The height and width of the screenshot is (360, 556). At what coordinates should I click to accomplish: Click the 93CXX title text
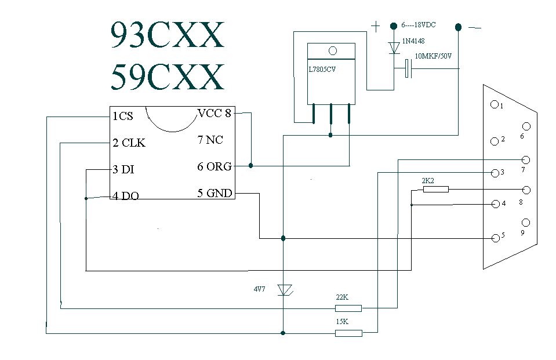(x=167, y=35)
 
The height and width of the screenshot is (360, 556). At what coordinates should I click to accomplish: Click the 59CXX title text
(x=167, y=77)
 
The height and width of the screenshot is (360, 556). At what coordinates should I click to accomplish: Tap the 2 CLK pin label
(x=129, y=143)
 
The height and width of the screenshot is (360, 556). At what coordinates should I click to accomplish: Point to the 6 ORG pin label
(x=214, y=167)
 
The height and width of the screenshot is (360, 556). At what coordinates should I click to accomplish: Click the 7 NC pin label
(x=210, y=140)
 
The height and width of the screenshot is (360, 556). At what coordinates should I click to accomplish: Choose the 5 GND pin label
(x=215, y=193)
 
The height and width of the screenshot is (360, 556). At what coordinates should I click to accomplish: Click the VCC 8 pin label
(x=214, y=114)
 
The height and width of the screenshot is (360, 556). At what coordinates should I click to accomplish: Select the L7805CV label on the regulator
(x=323, y=69)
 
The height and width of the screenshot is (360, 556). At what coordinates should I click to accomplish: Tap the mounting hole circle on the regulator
(x=332, y=51)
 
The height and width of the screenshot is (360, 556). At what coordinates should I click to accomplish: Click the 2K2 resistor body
(x=436, y=189)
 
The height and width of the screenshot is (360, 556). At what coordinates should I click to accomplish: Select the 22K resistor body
(x=348, y=308)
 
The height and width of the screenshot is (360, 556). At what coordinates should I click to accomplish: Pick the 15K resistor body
(x=348, y=333)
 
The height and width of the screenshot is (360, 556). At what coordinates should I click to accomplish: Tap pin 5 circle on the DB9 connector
(x=495, y=238)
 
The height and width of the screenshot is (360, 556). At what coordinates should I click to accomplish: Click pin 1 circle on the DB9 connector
(x=495, y=105)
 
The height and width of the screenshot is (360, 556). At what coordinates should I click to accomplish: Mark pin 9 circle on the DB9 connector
(x=526, y=222)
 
